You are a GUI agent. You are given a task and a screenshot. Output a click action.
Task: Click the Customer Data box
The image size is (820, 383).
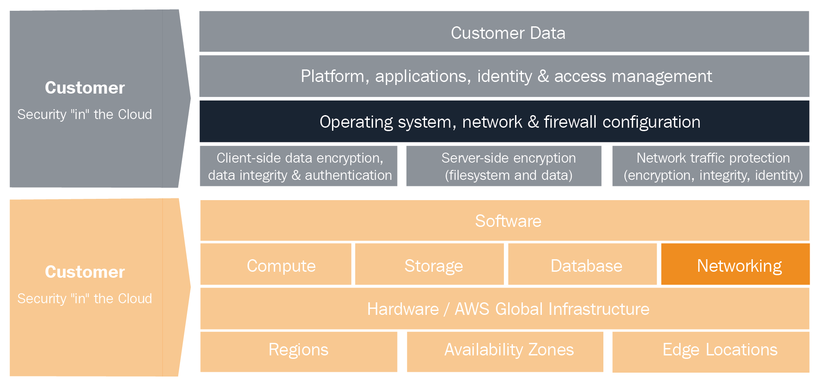click(504, 31)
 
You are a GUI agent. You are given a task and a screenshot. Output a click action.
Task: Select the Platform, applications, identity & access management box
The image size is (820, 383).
click(504, 76)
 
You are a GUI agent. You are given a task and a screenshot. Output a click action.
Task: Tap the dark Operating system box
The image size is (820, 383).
click(504, 121)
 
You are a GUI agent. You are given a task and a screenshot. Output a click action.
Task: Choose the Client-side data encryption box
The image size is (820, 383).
click(298, 166)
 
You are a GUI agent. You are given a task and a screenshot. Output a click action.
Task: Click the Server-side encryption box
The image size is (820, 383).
click(504, 166)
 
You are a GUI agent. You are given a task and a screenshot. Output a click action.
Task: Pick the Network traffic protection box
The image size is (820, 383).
click(711, 166)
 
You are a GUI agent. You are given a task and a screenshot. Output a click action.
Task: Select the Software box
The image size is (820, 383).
click(505, 220)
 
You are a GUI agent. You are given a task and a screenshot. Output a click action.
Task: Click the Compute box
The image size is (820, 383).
click(276, 264)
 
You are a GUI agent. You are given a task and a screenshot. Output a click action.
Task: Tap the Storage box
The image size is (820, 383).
click(429, 264)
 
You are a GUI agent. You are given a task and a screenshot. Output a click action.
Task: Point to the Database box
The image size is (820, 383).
click(582, 264)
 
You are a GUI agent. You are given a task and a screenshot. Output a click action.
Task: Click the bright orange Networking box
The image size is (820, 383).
click(735, 264)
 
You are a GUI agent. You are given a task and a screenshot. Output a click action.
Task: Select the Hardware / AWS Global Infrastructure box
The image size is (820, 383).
click(505, 309)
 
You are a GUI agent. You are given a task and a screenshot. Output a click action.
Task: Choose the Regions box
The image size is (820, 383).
click(298, 352)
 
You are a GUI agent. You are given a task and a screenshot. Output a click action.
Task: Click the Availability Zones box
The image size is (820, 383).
click(505, 352)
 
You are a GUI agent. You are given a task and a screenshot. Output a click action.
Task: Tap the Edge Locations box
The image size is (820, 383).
click(711, 352)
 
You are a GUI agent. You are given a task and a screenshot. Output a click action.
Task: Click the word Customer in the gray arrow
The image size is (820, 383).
click(85, 88)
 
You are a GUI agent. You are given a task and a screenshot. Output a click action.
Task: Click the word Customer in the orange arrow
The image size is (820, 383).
click(85, 272)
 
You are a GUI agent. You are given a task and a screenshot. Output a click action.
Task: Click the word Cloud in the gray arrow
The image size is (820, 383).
click(135, 114)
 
